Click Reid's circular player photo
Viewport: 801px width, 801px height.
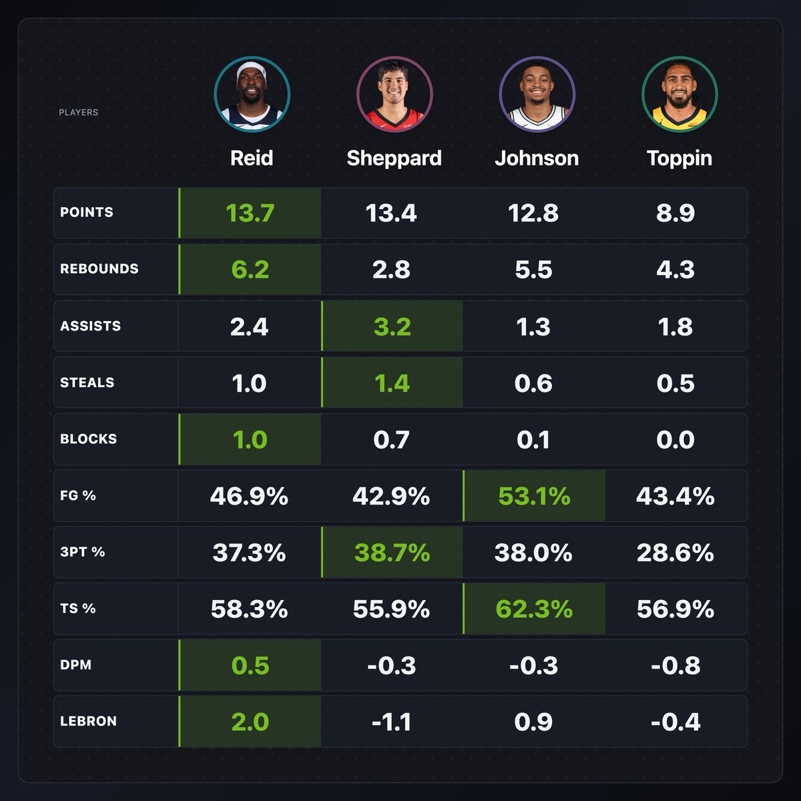point(252,94)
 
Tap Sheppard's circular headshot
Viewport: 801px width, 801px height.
point(394,94)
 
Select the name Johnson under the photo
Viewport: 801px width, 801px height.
point(537,158)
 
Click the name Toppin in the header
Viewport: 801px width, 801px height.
point(679,158)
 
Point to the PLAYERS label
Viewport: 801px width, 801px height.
point(78,112)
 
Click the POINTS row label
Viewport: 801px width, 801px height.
point(87,212)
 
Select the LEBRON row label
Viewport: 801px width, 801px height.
point(88,722)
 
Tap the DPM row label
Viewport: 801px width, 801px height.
point(75,665)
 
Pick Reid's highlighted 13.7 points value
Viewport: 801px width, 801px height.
point(250,213)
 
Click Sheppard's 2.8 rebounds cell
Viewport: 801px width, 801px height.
point(391,270)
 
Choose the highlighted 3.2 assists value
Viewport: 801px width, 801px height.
point(392,326)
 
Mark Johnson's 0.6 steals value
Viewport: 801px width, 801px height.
point(533,383)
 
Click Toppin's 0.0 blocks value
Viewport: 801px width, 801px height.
point(676,440)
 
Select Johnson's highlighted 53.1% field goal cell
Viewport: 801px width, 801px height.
point(534,496)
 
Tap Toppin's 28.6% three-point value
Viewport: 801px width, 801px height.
point(676,553)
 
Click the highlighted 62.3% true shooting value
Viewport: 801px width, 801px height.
point(534,609)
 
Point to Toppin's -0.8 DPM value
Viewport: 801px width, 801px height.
point(676,665)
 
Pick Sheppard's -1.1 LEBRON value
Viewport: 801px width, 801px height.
point(391,722)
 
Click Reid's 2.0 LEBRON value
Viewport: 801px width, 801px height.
point(250,722)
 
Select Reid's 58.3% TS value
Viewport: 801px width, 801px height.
point(249,609)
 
